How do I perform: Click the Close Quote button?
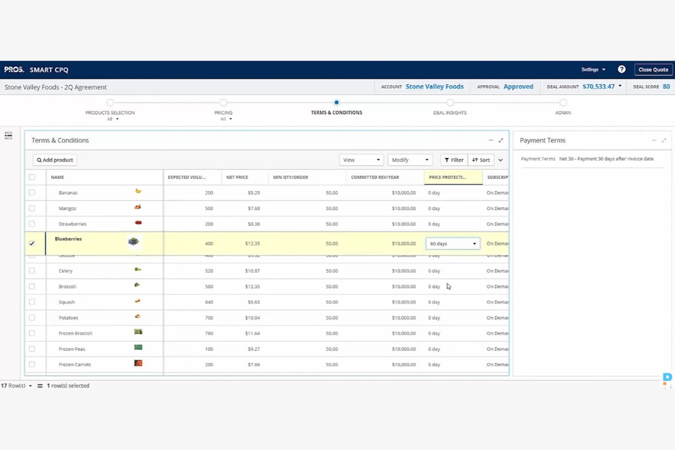pos(653,70)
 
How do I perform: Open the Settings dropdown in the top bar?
pos(593,70)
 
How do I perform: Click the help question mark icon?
pos(621,69)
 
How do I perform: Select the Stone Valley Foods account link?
pos(434,87)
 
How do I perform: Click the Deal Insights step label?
pos(449,113)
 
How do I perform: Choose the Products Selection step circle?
pos(110,103)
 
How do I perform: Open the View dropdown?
pos(361,160)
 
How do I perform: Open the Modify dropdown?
pos(410,160)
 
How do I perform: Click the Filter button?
pos(454,160)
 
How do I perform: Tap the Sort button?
pos(481,160)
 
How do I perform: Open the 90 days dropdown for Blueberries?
pos(452,244)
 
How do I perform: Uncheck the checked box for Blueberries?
pos(32,243)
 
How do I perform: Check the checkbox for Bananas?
pos(32,193)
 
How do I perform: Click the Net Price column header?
pos(237,177)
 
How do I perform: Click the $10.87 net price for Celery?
pos(252,271)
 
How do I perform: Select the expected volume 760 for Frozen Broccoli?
pos(209,333)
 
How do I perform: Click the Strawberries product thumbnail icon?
pos(138,223)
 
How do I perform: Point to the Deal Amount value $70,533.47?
pos(598,87)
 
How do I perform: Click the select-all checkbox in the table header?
pos(32,177)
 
